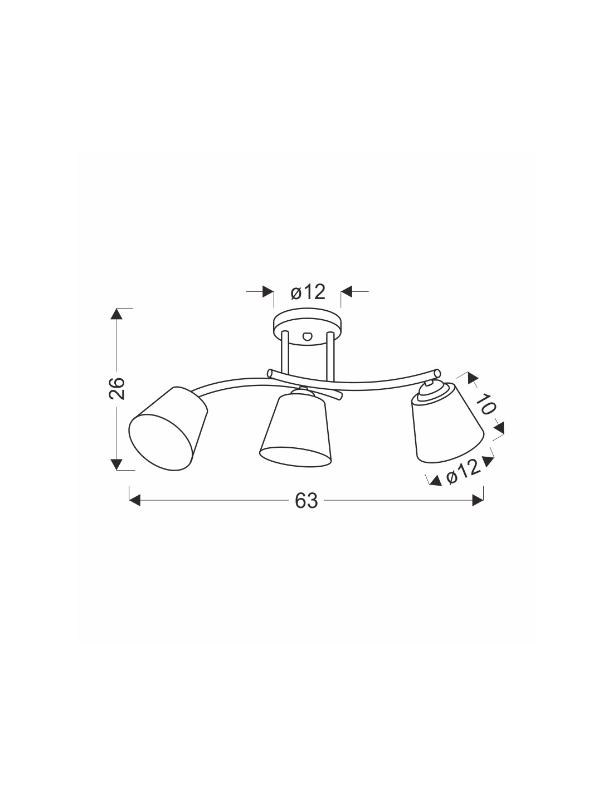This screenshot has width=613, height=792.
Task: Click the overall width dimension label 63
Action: pyautogui.click(x=306, y=500)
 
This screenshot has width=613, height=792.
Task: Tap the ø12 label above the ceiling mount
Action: pyautogui.click(x=308, y=292)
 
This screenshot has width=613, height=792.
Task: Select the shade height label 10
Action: pyautogui.click(x=485, y=404)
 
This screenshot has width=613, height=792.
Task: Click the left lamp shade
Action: pyautogui.click(x=168, y=429)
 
